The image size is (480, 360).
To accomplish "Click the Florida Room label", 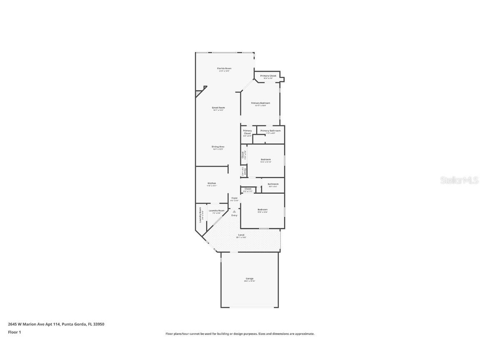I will click(224, 68).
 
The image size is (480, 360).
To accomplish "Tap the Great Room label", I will click(218, 107).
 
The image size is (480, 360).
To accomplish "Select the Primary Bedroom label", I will click(260, 103).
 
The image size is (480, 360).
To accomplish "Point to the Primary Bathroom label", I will click(270, 131).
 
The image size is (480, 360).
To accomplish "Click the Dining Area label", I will click(218, 147).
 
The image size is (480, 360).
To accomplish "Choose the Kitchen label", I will click(212, 183).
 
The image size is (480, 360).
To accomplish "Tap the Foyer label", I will click(235, 198).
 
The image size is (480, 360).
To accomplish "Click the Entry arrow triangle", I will click(234, 212).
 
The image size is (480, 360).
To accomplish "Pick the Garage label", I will click(249, 279).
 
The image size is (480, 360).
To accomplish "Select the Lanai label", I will click(241, 235).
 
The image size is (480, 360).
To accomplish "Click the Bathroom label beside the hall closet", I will click(273, 184).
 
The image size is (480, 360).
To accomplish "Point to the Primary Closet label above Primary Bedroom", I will click(268, 76).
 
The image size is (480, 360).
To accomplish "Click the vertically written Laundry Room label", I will click(200, 215).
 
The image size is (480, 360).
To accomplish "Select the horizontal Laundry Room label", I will click(217, 211).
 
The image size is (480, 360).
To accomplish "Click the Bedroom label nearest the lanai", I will click(262, 210).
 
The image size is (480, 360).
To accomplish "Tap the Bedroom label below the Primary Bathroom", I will click(266, 160).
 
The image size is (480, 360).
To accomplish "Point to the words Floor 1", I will click(14, 332).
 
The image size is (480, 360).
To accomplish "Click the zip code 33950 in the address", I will click(99, 324).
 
